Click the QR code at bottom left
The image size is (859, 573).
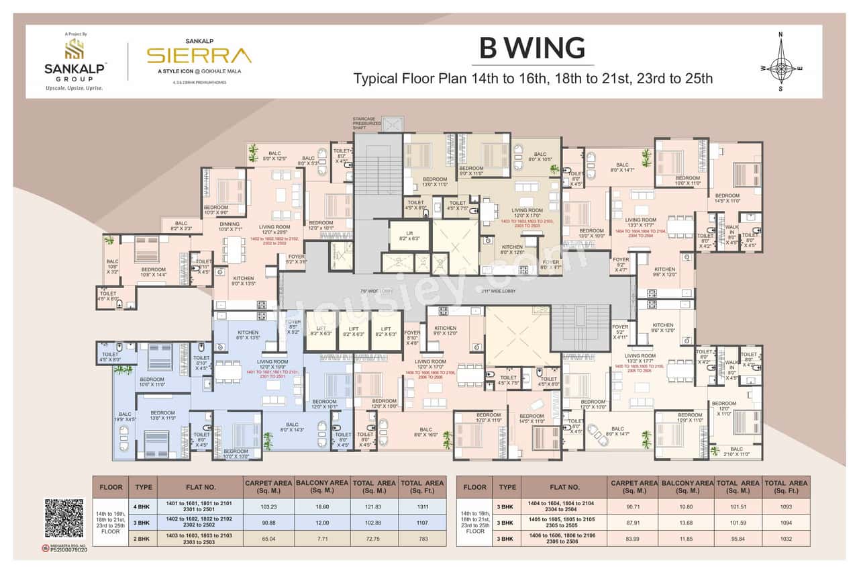pyautogui.click(x=64, y=519)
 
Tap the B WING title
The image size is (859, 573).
pyautogui.click(x=532, y=48)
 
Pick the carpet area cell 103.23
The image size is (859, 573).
pyautogui.click(x=268, y=506)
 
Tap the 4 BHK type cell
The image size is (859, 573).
pyautogui.click(x=144, y=506)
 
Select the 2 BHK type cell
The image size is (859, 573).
pyautogui.click(x=144, y=537)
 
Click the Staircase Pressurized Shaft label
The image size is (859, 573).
pyautogui.click(x=367, y=123)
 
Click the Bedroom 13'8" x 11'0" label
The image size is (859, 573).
pyautogui.click(x=163, y=416)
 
